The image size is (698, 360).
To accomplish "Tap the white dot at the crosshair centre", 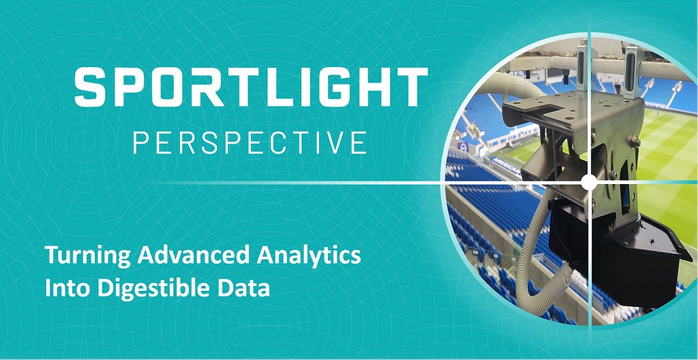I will pos(588,182).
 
